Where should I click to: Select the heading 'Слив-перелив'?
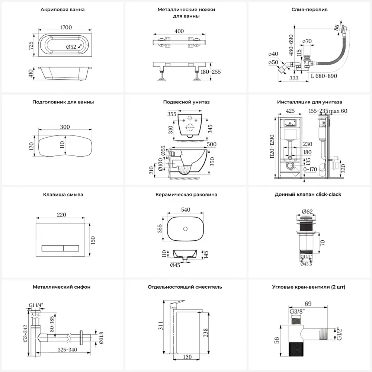coord(310,10)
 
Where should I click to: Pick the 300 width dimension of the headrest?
coord(65,127)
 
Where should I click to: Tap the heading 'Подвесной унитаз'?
coord(186,102)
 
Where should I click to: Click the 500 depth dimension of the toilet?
coord(211,144)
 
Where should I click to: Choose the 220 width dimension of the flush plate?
coord(62,215)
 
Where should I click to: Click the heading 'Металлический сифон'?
coord(62,287)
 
